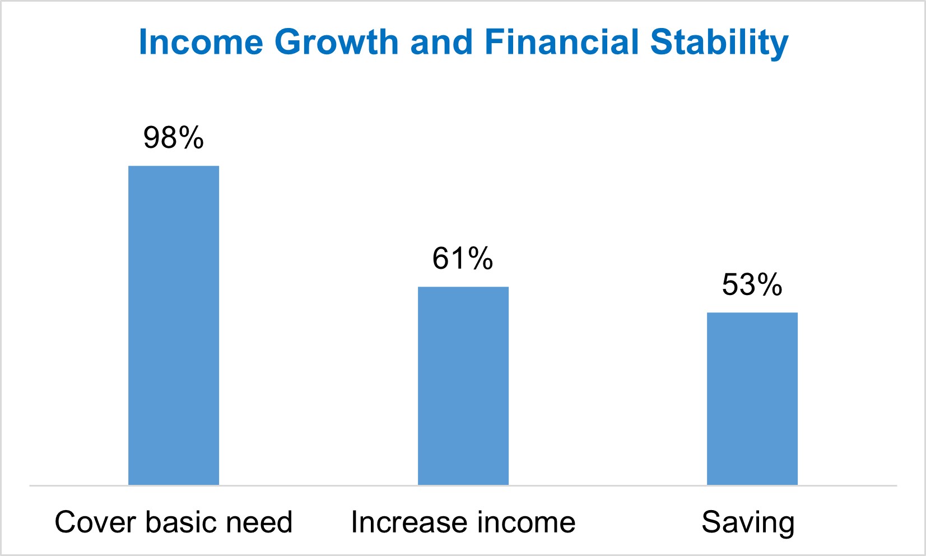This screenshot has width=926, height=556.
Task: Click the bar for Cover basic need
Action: click(x=174, y=325)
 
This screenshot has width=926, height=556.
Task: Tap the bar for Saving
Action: click(x=752, y=398)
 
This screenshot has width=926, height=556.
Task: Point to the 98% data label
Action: click(x=174, y=138)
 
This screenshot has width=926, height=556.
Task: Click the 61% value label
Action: click(x=463, y=259)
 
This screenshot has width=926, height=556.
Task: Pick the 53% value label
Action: click(x=752, y=284)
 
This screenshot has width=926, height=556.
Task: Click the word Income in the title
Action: click(x=201, y=42)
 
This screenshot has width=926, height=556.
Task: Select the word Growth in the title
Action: click(x=336, y=42)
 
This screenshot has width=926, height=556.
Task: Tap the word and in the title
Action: click(x=441, y=42)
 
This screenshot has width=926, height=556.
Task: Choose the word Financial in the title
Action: click(x=561, y=42)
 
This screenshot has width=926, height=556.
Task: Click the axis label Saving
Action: click(x=748, y=523)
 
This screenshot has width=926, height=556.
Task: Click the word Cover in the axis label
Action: click(x=96, y=522)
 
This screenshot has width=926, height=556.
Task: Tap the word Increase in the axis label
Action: click(x=401, y=522)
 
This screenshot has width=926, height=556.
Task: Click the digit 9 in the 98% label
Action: click(x=152, y=138)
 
